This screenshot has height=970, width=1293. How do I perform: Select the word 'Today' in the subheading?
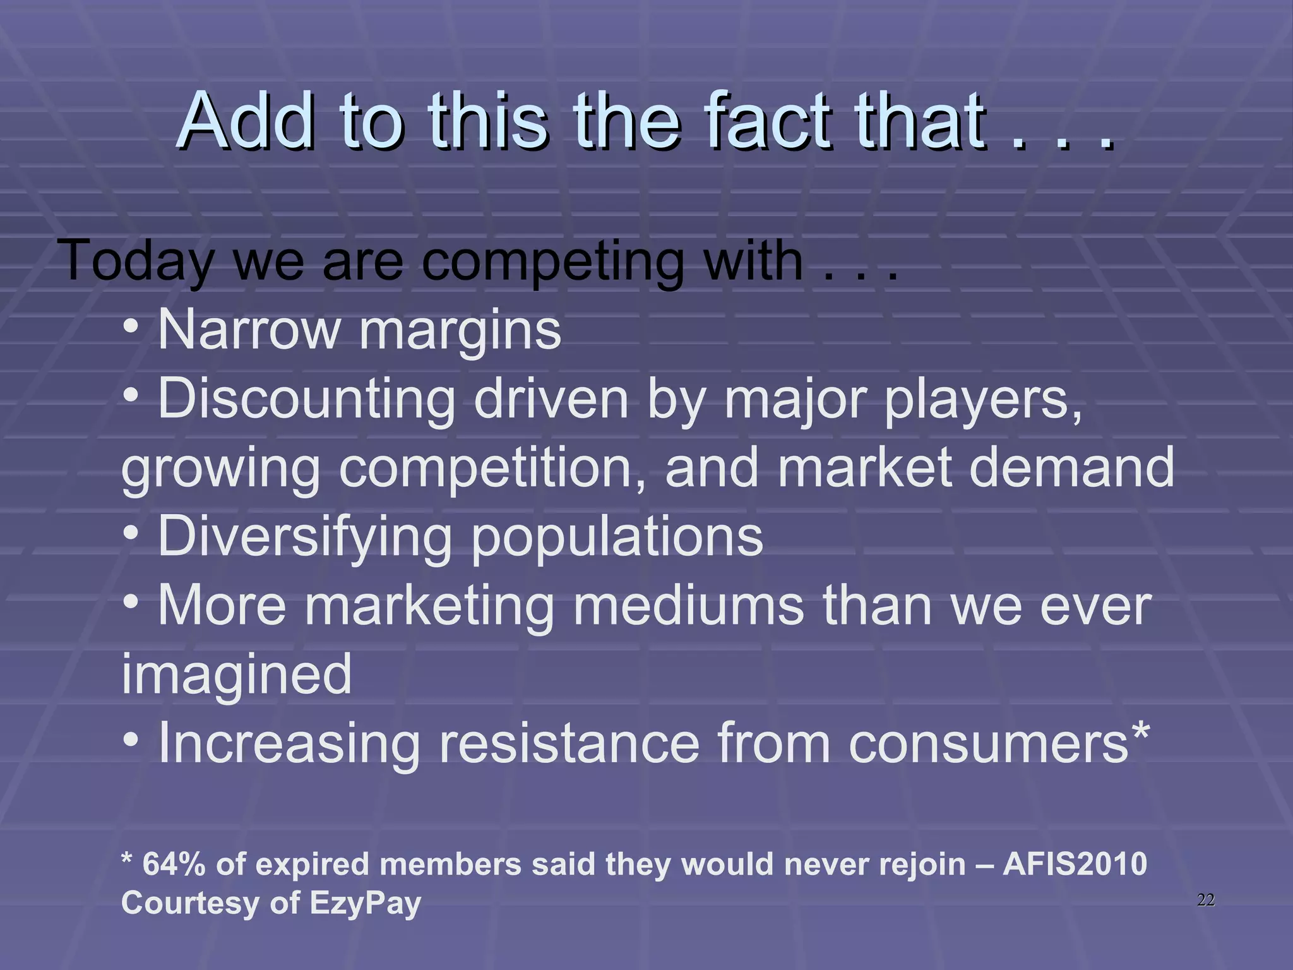(136, 261)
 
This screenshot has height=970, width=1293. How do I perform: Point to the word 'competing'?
(553, 261)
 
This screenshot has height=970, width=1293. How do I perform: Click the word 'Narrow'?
(249, 330)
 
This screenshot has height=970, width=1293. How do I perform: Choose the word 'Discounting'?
(307, 398)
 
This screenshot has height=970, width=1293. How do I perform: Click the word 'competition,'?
(492, 469)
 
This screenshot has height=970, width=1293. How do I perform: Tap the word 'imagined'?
(237, 675)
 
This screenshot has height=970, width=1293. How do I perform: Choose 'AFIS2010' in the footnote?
(1075, 864)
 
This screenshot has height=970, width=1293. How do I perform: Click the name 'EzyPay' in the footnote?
(365, 904)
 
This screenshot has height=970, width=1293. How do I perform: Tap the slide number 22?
(1205, 900)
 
